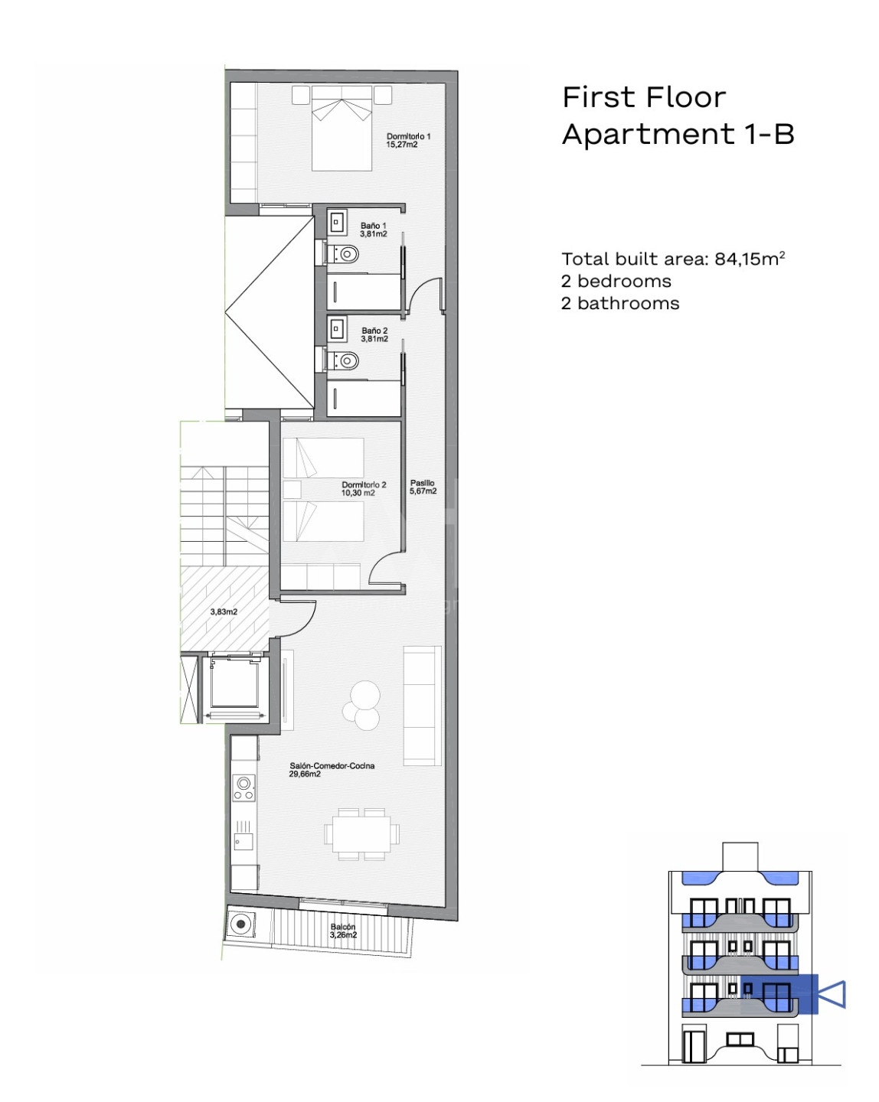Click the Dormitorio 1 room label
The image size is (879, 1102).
[x=409, y=140]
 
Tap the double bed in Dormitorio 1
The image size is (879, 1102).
[x=341, y=128]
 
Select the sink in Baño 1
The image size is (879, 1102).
[x=337, y=222]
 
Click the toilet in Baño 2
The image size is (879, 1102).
[x=345, y=360]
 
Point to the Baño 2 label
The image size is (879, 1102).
[x=374, y=335]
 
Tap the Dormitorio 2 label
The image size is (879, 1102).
[x=364, y=489]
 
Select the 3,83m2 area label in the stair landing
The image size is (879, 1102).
[x=224, y=611]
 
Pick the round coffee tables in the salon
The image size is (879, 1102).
[x=362, y=705]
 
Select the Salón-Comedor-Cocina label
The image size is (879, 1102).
[x=332, y=770]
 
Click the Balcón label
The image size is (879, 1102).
[x=343, y=931]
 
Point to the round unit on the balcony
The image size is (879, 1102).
[x=240, y=924]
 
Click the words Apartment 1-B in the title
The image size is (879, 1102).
[x=678, y=134]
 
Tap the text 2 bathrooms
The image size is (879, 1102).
[x=620, y=303]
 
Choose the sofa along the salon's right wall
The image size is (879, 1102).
[x=423, y=706]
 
